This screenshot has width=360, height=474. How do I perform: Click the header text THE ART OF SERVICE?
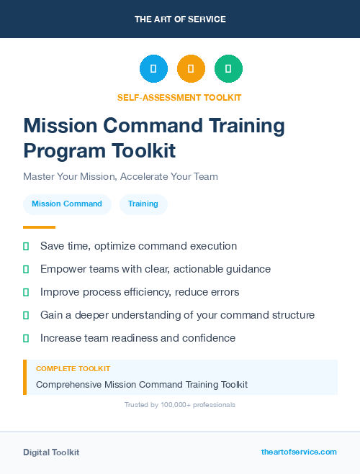(x=180, y=19)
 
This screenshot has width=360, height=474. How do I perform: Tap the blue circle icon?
(x=153, y=69)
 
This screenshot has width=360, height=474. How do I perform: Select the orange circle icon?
(x=191, y=69)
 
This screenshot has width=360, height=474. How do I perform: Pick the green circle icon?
(x=228, y=69)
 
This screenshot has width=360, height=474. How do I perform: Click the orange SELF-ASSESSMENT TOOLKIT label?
(x=180, y=97)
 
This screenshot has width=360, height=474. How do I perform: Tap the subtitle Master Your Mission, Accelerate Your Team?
(x=120, y=176)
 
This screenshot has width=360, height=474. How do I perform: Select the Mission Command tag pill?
(x=67, y=204)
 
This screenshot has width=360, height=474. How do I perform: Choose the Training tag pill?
(x=143, y=204)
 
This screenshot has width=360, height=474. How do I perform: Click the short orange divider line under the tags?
(x=39, y=227)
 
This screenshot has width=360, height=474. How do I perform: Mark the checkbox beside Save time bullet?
(x=26, y=246)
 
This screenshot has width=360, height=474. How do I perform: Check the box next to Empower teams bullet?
(x=26, y=269)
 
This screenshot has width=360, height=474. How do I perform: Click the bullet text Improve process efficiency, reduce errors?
(x=140, y=292)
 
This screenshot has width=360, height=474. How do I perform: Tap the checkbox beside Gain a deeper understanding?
(x=26, y=315)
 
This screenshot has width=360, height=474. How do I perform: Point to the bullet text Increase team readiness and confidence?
(x=138, y=338)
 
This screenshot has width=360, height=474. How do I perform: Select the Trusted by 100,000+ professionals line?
(x=180, y=405)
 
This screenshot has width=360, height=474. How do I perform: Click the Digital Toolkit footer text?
(x=51, y=452)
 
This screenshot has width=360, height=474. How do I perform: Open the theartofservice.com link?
(x=299, y=452)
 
